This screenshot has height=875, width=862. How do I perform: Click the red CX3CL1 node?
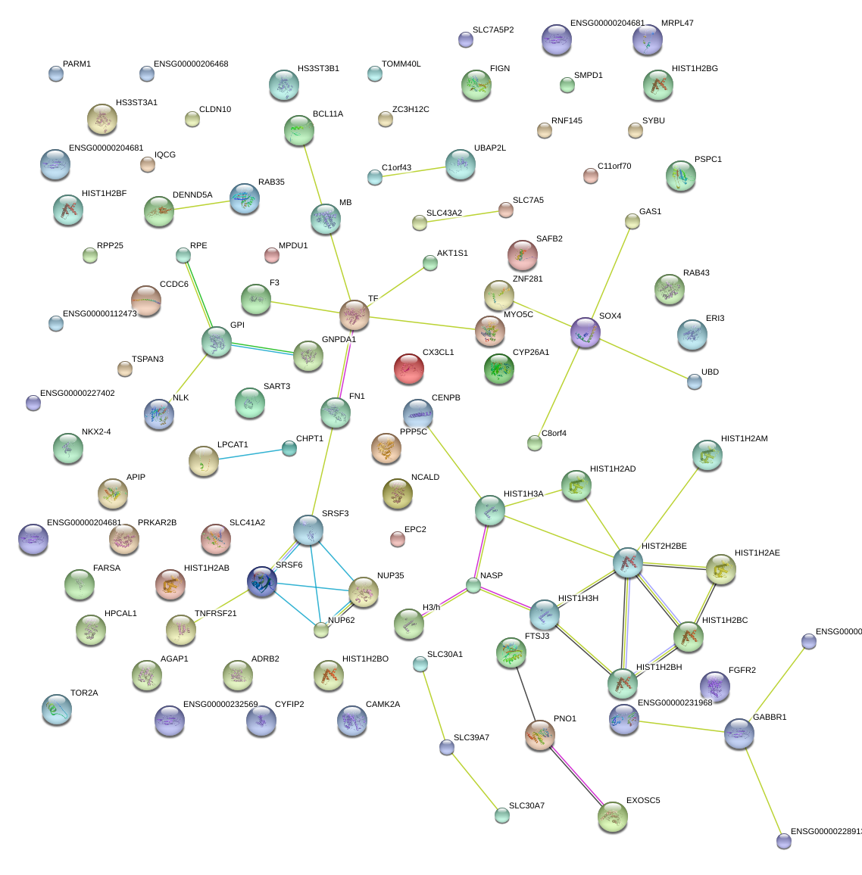pyautogui.click(x=409, y=369)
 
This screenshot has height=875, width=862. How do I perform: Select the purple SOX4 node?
pyautogui.click(x=585, y=332)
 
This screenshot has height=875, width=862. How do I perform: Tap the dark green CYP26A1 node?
pyautogui.click(x=499, y=369)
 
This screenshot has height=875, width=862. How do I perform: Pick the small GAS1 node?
pyautogui.click(x=632, y=222)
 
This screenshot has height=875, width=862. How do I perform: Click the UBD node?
pyautogui.click(x=694, y=381)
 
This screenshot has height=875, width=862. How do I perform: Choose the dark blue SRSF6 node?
pyautogui.click(x=262, y=581)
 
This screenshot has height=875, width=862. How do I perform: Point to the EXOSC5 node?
pyautogui.click(x=613, y=817)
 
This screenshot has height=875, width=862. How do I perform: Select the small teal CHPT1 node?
pyautogui.click(x=289, y=448)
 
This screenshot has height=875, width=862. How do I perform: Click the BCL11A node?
pyautogui.click(x=299, y=131)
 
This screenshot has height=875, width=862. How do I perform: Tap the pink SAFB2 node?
pyautogui.click(x=523, y=255)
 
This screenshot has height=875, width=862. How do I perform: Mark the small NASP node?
pyautogui.click(x=473, y=585)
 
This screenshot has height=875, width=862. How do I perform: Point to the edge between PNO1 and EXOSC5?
pyautogui.click(x=576, y=777)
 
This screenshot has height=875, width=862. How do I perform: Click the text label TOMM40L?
pyautogui.click(x=401, y=64)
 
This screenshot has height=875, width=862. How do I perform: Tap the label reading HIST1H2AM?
pyautogui.click(x=744, y=438)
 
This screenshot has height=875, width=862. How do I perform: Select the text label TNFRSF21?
pyautogui.click(x=215, y=613)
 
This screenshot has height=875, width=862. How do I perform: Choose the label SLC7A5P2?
pyautogui.click(x=493, y=30)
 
